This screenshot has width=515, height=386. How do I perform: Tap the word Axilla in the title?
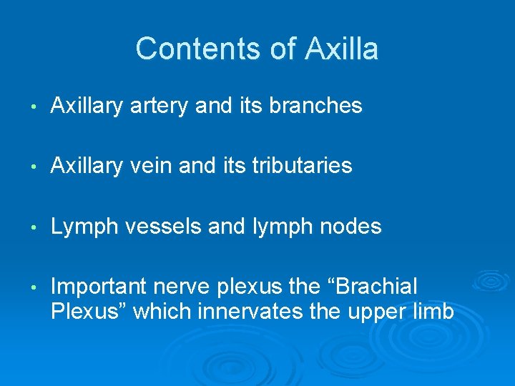coord(341,49)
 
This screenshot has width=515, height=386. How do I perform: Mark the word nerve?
coord(186,287)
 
